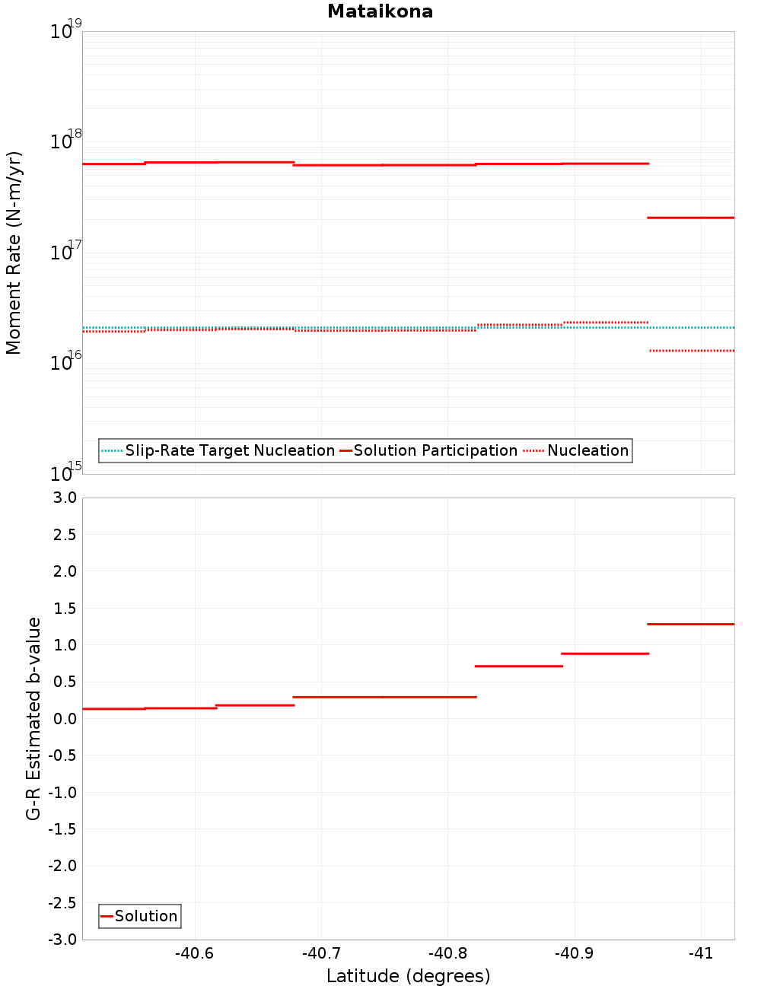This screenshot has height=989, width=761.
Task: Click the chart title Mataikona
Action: [380, 11]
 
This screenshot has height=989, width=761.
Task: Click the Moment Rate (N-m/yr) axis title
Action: [14, 253]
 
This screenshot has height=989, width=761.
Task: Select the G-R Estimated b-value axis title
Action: [33, 718]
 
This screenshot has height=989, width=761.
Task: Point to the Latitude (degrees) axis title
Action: [408, 976]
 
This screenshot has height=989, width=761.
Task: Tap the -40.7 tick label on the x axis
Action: [321, 953]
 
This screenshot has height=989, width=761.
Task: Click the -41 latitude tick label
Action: [700, 953]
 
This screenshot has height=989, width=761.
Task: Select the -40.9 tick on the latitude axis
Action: [574, 953]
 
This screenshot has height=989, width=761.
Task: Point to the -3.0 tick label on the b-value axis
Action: [62, 940]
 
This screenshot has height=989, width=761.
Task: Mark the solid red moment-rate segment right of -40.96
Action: [690, 218]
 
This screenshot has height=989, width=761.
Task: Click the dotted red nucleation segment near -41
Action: [692, 351]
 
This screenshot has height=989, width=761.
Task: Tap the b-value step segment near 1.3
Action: [690, 624]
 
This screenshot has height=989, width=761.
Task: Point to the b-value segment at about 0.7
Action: [518, 666]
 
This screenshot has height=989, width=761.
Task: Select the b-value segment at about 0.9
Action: [605, 654]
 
